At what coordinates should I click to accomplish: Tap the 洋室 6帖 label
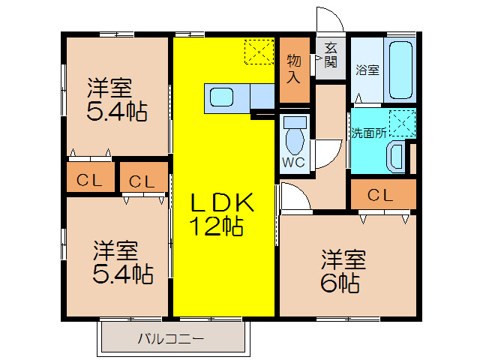[344, 271]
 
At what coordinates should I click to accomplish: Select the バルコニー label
[170, 338]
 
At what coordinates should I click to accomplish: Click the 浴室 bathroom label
[367, 70]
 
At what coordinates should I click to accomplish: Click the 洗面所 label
[369, 133]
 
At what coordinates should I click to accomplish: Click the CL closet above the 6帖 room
[380, 196]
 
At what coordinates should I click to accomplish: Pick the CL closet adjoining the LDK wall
[142, 181]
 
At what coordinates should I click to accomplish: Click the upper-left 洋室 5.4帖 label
[116, 100]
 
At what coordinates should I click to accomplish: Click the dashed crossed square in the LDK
[260, 52]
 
